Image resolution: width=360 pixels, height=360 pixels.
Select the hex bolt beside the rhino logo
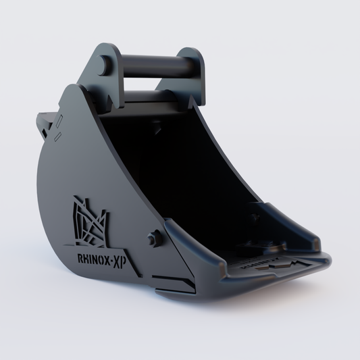click(155, 239)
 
